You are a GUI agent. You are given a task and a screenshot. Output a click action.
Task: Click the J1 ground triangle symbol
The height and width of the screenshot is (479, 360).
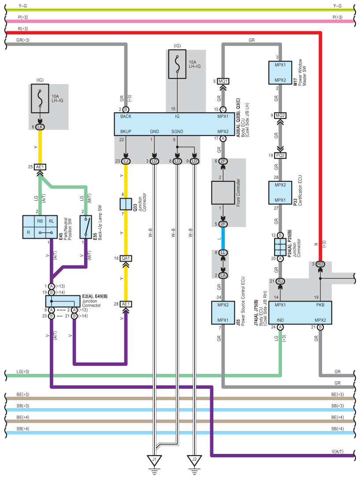click(154, 460)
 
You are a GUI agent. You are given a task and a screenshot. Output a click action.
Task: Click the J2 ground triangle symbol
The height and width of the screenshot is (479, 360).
click(194, 460)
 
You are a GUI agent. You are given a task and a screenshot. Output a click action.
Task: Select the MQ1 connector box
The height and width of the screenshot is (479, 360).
click(223, 81)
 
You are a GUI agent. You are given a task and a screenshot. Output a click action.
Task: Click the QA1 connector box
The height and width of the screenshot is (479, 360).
click(126, 258)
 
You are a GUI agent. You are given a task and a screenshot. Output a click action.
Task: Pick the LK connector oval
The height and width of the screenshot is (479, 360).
click(40, 127)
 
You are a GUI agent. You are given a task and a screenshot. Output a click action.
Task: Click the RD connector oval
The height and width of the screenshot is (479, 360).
click(320, 264)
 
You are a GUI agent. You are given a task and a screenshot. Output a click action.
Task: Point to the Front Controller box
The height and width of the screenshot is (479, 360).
click(223, 192)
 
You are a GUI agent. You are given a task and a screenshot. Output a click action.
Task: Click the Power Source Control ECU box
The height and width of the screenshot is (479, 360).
click(223, 312)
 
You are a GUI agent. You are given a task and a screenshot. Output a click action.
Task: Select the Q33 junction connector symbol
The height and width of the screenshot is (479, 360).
click(126, 204)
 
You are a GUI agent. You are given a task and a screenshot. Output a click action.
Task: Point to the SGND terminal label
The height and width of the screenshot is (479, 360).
click(177, 132)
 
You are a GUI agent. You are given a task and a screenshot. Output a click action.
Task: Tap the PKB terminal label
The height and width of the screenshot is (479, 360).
click(320, 305)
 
